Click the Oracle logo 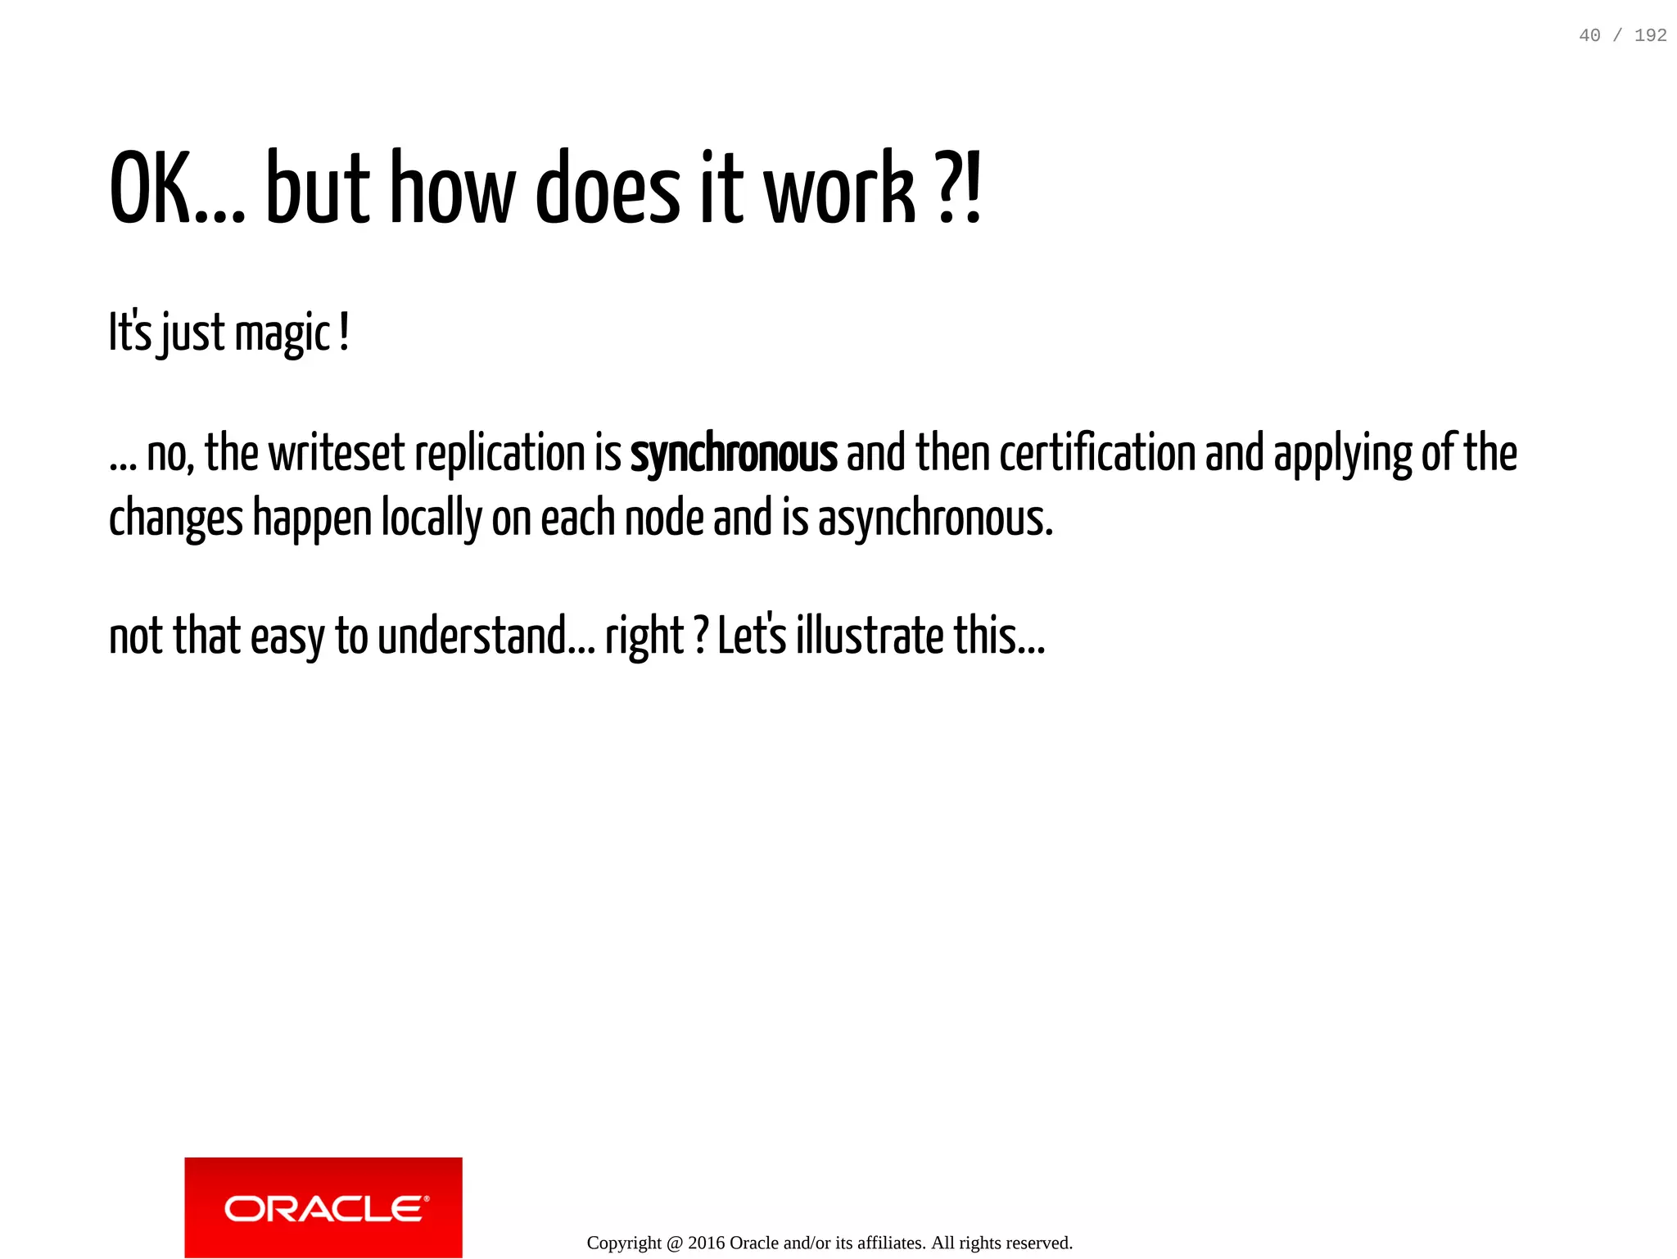pyautogui.click(x=323, y=1207)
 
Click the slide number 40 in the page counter pyautogui.click(x=1589, y=35)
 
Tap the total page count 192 pyautogui.click(x=1650, y=35)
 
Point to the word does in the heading pyautogui.click(x=608, y=189)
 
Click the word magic pyautogui.click(x=283, y=334)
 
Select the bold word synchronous pyautogui.click(x=734, y=454)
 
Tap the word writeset pyautogui.click(x=337, y=454)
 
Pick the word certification pyautogui.click(x=1097, y=454)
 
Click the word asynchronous pyautogui.click(x=935, y=519)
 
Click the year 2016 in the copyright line pyautogui.click(x=706, y=1243)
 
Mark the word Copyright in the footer pyautogui.click(x=624, y=1243)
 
